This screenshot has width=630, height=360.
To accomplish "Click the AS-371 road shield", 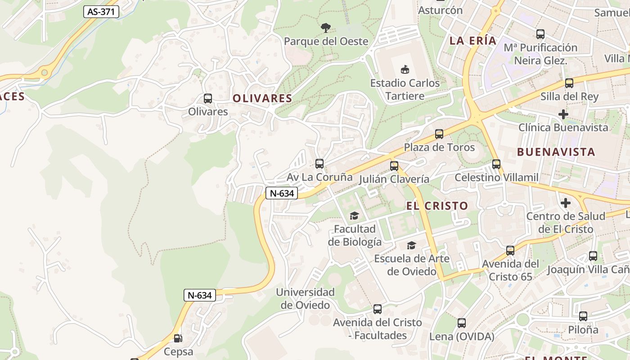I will [101, 12].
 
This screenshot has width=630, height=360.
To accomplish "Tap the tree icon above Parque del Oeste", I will [326, 28].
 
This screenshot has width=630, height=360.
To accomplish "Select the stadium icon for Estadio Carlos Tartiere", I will [405, 70].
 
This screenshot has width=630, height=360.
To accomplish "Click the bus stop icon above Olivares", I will [207, 98].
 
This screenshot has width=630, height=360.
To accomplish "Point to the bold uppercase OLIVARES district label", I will [262, 98].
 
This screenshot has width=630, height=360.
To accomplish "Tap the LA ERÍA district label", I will [473, 40].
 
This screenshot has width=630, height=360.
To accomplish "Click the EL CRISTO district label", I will [437, 206].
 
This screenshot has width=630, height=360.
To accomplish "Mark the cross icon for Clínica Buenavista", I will [563, 114].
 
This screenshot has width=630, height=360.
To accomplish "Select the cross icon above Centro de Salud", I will [566, 203].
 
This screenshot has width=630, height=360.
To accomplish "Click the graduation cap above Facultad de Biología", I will [354, 216].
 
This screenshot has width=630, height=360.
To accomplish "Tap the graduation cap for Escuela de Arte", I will [411, 245].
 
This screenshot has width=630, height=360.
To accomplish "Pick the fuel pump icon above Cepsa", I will [178, 338].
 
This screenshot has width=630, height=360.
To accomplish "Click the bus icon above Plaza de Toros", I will [439, 134].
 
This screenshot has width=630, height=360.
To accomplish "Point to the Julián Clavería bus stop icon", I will [394, 166].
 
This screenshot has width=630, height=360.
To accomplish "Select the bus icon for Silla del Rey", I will [569, 83].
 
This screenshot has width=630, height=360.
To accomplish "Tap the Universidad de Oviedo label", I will [306, 298].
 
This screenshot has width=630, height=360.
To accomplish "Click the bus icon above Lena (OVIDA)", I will [462, 323].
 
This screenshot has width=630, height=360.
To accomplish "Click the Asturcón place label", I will [440, 10].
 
